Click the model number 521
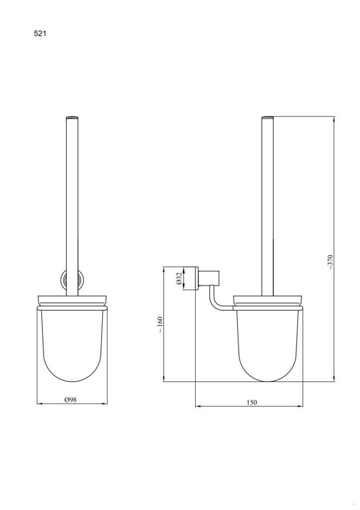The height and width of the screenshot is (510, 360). click(x=41, y=34)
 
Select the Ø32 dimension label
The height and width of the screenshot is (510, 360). click(x=179, y=278)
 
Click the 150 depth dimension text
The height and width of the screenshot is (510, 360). click(x=252, y=402)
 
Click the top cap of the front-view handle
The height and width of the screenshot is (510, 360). click(x=72, y=118)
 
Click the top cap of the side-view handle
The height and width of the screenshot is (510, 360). click(x=267, y=118)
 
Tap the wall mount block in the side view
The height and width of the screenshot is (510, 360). click(x=209, y=278)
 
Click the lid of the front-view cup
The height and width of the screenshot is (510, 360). click(x=72, y=300)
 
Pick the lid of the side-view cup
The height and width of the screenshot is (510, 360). click(x=267, y=300)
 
